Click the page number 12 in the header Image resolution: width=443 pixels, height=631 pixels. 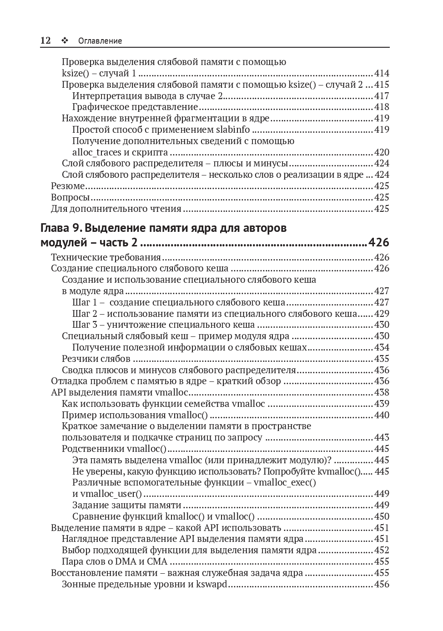coord(45,40)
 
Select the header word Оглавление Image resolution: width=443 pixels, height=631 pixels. coord(100,41)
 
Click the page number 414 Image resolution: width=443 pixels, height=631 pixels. coord(382,73)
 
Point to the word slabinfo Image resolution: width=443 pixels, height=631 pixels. coord(236,130)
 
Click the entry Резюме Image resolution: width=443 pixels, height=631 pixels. coord(68,186)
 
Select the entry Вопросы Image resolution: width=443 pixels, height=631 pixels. coord(70,197)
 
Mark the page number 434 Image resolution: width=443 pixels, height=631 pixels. coord(382,347)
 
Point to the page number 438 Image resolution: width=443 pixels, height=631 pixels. coord(382,392)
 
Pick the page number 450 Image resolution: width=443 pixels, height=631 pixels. coord(382,516)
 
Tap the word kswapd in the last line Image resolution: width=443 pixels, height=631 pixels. coord(211,584)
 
